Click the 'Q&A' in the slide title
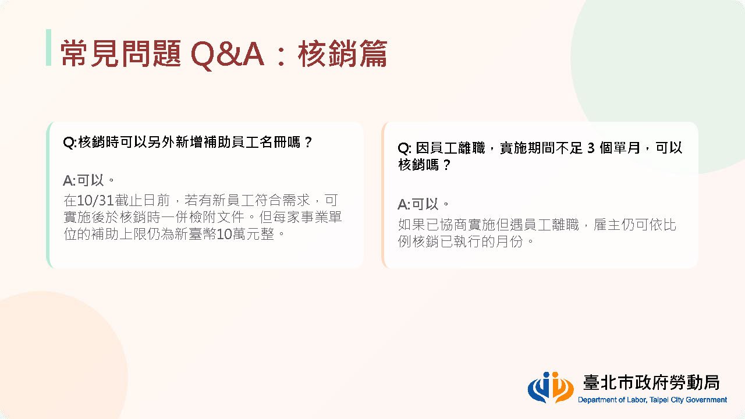click(228, 54)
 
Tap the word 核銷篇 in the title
click(343, 54)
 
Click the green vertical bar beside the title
click(48, 47)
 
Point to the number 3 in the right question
click(591, 148)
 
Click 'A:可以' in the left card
click(83, 180)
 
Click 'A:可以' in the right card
click(418, 204)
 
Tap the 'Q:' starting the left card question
click(70, 143)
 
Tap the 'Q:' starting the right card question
click(405, 148)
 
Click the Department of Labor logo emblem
click(551, 387)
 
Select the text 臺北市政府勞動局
click(651, 382)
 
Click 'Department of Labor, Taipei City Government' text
click(652, 400)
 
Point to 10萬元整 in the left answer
click(246, 234)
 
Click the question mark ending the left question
click(308, 143)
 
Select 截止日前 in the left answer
click(143, 200)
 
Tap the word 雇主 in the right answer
click(607, 225)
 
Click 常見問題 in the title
click(120, 54)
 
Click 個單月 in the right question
click(620, 148)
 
